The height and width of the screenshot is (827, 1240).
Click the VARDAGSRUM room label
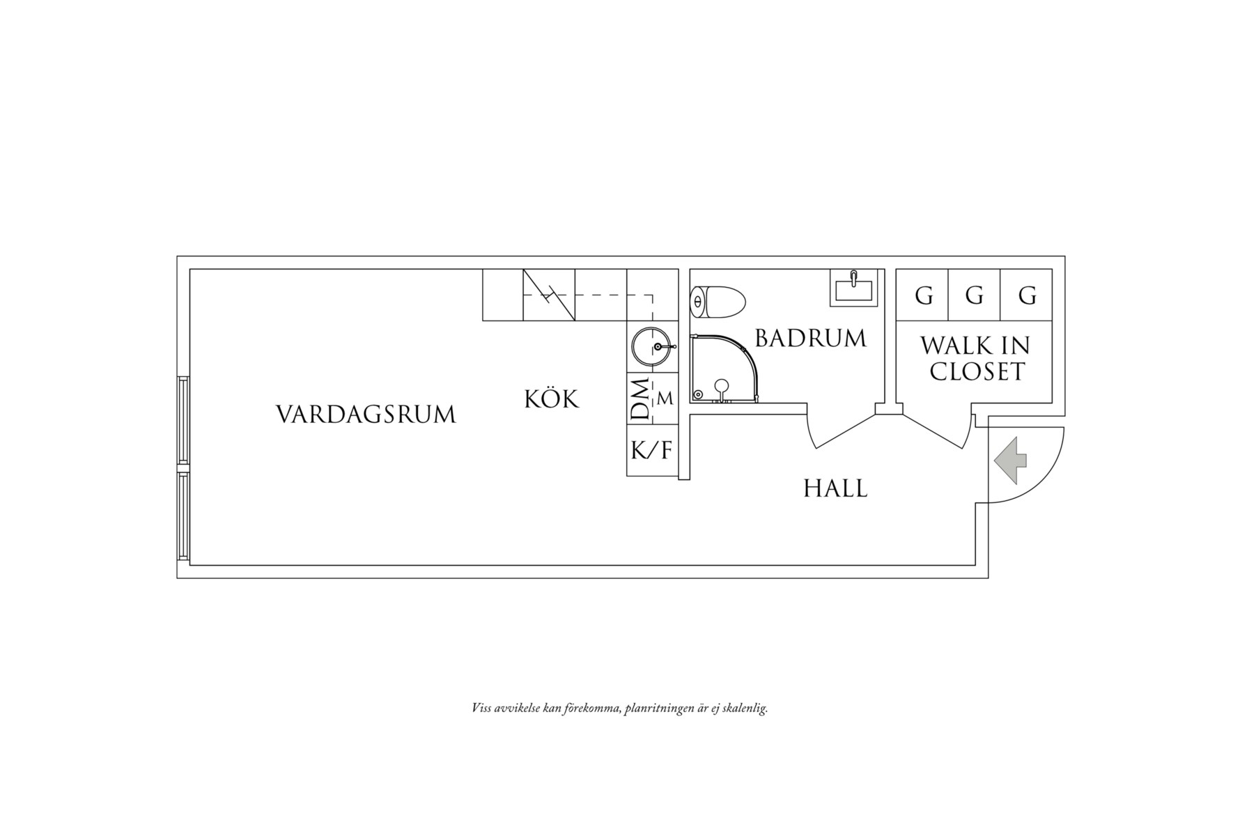[x=366, y=415]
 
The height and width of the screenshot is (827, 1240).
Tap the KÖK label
[x=551, y=399]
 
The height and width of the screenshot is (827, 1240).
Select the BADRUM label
[x=810, y=339]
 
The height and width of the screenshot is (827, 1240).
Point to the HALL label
[x=835, y=488]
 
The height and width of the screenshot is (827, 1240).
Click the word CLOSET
[x=977, y=372]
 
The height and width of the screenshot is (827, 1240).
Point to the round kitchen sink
[x=653, y=346]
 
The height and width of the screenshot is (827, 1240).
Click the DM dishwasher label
[x=639, y=399]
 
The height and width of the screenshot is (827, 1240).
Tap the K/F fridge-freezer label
[x=652, y=450]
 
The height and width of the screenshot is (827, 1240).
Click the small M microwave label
[x=665, y=399]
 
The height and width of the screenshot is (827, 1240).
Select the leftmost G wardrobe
[x=923, y=296]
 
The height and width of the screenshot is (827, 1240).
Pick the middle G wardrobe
[x=974, y=296]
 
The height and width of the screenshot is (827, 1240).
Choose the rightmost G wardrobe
[x=1026, y=296]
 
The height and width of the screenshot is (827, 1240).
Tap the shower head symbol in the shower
[x=721, y=385]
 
